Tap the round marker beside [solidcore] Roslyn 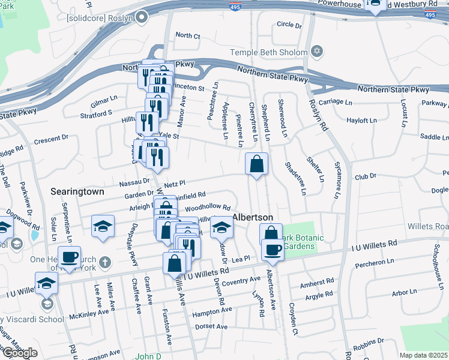141,17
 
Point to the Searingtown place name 77,192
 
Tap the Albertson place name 253,217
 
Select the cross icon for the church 105,262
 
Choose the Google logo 20,353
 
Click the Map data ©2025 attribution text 423,355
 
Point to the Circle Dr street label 289,25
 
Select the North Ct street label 187,36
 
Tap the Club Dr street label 364,176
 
